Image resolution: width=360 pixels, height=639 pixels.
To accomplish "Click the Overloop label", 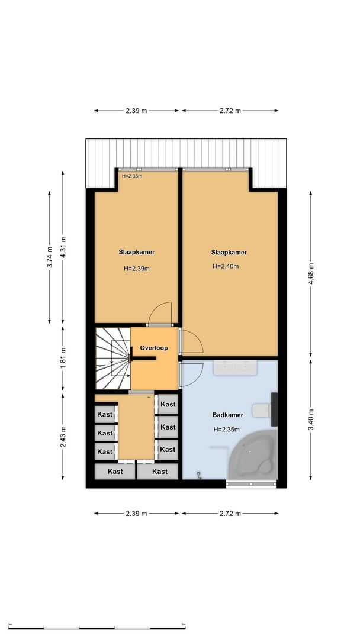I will click(154, 348).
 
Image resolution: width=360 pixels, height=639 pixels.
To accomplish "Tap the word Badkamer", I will click(228, 415).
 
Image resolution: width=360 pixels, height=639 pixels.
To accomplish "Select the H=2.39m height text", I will click(136, 268).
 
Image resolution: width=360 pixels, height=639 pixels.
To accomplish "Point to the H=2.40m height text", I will click(226, 266).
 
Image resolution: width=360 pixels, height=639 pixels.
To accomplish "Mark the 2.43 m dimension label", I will click(63, 436).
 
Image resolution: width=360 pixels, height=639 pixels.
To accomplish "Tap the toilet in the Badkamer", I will click(261, 409).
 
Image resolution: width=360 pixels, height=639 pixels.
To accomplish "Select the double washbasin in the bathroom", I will click(235, 368).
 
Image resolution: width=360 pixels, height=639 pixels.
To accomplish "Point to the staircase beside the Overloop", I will click(112, 359).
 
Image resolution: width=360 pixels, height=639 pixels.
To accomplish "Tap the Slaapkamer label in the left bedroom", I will click(136, 252).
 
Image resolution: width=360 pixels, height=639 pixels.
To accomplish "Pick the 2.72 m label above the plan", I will click(230, 111).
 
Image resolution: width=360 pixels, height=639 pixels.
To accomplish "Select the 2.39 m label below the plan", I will click(136, 514).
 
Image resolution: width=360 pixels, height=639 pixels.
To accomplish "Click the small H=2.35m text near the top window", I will click(132, 176).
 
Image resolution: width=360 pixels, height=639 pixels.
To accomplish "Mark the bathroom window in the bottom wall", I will click(251, 485).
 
